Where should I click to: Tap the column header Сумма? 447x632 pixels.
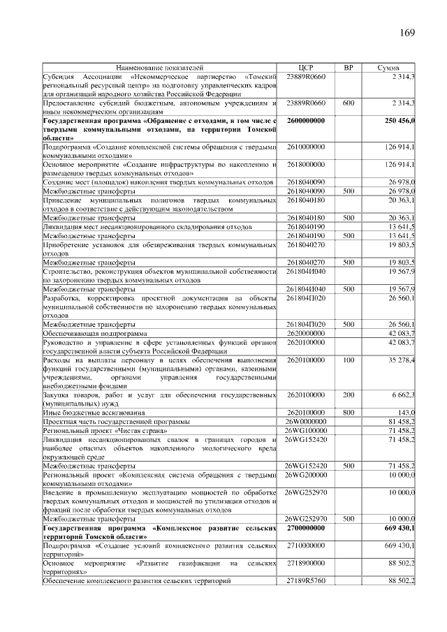[x=388, y=68]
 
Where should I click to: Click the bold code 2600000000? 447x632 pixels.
[x=306, y=121]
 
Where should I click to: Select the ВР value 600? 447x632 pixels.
[x=349, y=103]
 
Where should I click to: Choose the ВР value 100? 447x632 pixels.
[x=349, y=360]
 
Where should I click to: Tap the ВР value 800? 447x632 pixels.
[x=349, y=413]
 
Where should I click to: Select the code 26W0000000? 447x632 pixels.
[x=306, y=422]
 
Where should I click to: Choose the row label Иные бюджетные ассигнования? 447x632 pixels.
[x=94, y=413]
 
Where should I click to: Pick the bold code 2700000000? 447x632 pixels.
[x=306, y=529]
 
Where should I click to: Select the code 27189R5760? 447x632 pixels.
[x=306, y=581]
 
